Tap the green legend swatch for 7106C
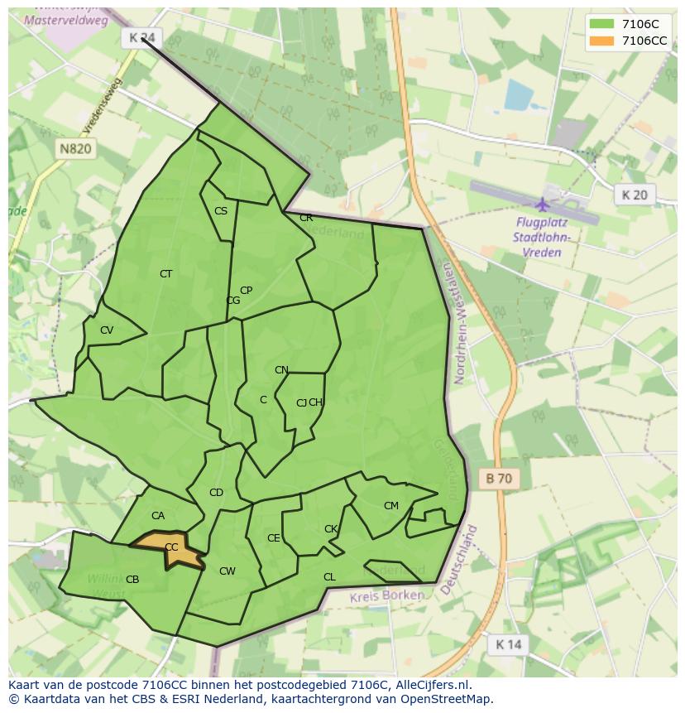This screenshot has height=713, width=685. (x=601, y=24)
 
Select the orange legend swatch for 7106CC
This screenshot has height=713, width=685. (x=601, y=41)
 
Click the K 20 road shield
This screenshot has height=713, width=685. (x=634, y=195)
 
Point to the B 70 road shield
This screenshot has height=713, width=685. (x=499, y=478)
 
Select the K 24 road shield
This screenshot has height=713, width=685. (x=142, y=38)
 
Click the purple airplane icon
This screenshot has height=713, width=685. (x=543, y=204)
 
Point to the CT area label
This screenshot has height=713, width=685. (x=166, y=273)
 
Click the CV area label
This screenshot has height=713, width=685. (x=107, y=330)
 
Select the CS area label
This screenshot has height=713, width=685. (x=221, y=211)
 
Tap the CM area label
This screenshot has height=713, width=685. (x=391, y=505)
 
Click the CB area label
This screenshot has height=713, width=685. (x=132, y=579)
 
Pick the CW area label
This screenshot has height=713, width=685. (x=228, y=571)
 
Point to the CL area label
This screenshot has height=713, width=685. (x=329, y=577)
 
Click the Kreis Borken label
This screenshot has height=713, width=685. (x=386, y=595)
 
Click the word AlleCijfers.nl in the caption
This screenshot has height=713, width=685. (x=429, y=685)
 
